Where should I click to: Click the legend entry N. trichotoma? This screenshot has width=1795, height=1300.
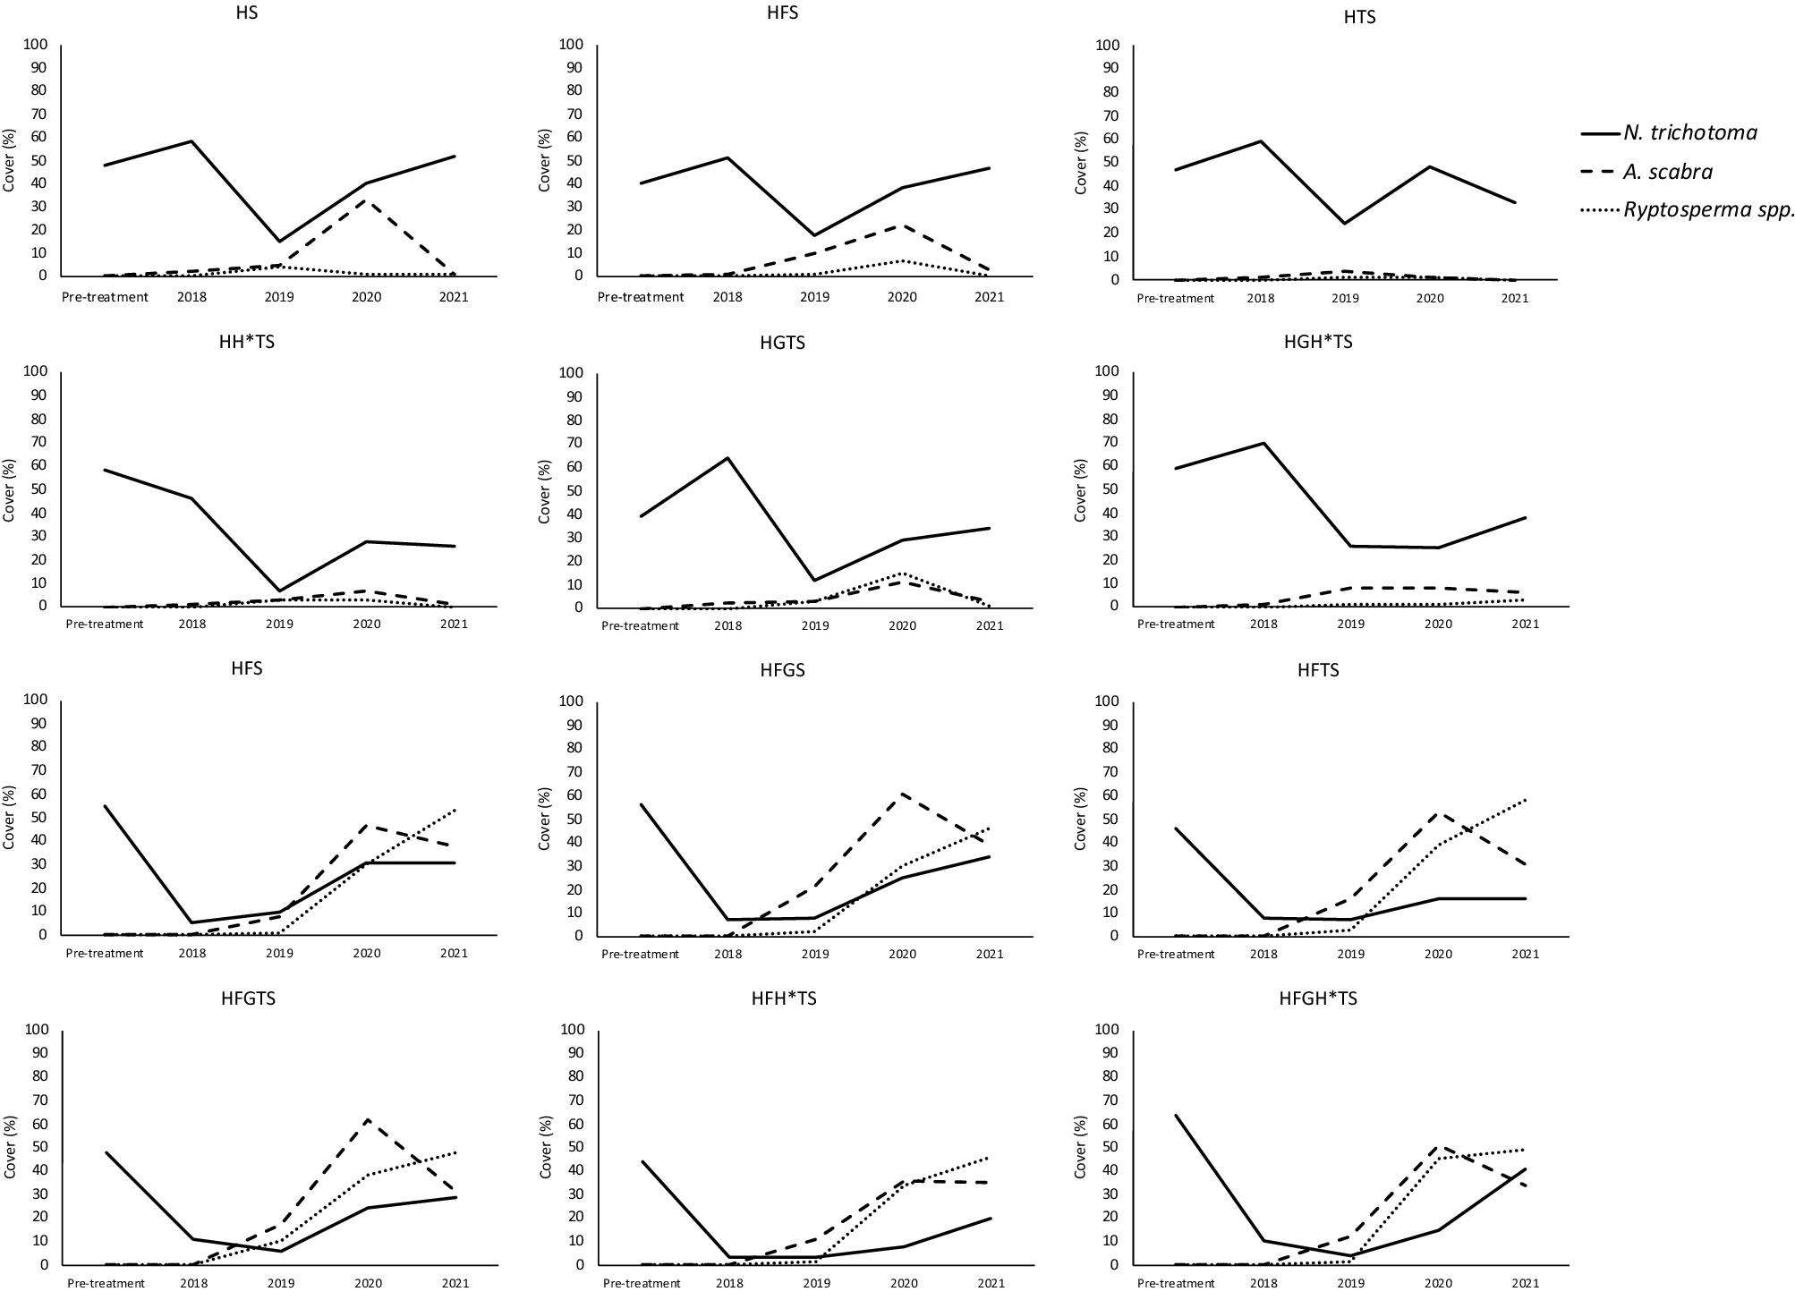(x=1689, y=132)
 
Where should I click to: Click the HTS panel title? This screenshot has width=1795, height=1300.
(x=1359, y=17)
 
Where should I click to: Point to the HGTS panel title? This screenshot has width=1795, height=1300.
(x=782, y=343)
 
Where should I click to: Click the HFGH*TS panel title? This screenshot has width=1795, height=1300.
(x=1318, y=998)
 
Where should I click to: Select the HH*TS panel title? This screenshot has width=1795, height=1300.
(x=247, y=342)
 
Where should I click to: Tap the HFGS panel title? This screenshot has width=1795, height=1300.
(x=782, y=670)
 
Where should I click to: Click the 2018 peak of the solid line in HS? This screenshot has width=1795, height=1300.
(x=191, y=141)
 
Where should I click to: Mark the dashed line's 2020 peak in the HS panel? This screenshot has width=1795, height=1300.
(x=366, y=200)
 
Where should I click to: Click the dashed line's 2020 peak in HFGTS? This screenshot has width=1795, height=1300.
(x=366, y=1119)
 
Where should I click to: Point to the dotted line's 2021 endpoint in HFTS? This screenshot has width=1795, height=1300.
(x=1525, y=800)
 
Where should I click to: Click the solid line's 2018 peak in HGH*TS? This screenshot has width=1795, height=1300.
(x=1263, y=443)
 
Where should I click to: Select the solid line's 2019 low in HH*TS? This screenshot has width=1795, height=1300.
(x=279, y=591)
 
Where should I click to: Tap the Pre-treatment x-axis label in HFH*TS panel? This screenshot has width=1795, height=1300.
(x=642, y=1283)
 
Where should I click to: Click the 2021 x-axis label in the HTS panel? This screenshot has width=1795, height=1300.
(x=1514, y=298)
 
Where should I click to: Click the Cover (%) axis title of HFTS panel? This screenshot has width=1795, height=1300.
(x=1079, y=818)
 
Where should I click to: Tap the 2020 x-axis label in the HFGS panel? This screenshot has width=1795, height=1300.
(x=901, y=954)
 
